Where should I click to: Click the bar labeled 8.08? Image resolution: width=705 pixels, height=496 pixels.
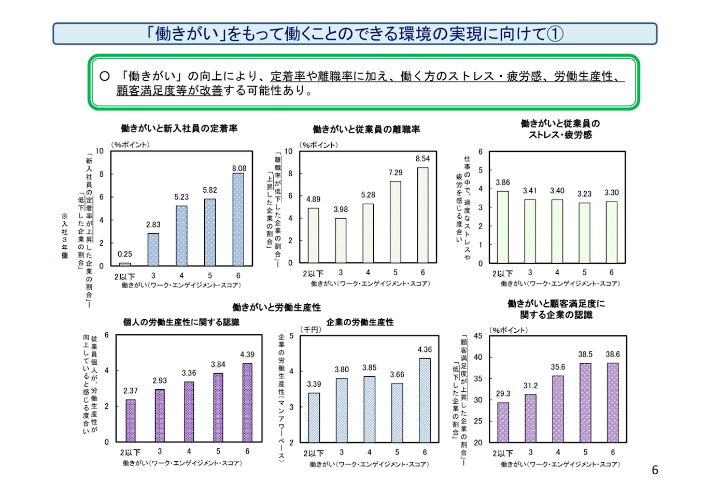[238, 219]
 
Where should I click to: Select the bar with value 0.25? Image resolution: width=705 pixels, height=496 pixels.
[125, 264]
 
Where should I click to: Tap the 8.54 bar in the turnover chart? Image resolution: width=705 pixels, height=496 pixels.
[422, 215]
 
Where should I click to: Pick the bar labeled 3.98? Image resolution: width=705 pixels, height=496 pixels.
[341, 240]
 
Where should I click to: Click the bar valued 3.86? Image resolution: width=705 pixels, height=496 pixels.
[502, 227]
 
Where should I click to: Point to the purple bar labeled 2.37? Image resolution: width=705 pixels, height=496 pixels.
[131, 420]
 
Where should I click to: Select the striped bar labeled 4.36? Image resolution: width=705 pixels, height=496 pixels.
[425, 400]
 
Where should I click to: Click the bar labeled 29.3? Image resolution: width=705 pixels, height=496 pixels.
[503, 422]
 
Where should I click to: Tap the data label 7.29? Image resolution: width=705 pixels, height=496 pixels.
[395, 173]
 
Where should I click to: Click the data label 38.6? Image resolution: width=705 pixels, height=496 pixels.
[612, 355]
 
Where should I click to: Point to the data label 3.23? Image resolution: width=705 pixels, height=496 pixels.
[584, 194]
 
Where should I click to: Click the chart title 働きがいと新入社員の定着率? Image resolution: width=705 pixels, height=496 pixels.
[179, 128]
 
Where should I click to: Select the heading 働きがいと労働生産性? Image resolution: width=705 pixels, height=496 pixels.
[276, 307]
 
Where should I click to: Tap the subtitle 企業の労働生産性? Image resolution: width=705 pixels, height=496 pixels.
[360, 322]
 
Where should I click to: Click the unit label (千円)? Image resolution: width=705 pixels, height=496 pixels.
[311, 330]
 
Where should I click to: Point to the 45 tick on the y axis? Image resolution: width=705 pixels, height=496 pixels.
[477, 336]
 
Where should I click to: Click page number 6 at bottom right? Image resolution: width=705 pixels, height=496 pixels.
[655, 470]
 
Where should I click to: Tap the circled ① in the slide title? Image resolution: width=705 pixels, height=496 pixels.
[555, 34]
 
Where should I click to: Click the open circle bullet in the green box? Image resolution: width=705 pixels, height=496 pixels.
[105, 76]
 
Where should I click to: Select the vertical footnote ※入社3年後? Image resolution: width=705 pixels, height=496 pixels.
[65, 236]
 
